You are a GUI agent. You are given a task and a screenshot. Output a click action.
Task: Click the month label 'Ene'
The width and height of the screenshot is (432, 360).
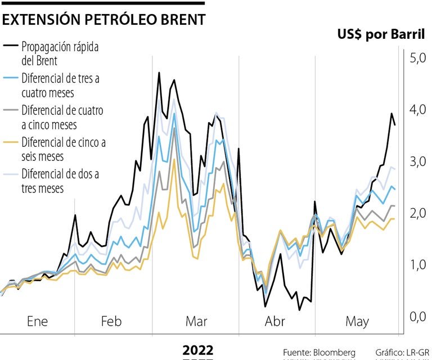[38, 322]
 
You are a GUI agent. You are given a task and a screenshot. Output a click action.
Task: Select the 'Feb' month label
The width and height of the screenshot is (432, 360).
[111, 322]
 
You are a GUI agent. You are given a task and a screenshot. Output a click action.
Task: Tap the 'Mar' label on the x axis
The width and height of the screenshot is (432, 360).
[196, 322]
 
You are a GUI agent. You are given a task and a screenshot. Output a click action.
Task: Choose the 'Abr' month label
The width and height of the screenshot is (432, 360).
[274, 322]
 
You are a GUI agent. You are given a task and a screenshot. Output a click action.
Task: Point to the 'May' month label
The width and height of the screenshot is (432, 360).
[357, 322]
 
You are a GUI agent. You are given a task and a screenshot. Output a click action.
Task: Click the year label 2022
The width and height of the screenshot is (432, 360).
[198, 350]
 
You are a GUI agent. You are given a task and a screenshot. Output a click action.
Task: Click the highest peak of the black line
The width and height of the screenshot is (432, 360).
[159, 73]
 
